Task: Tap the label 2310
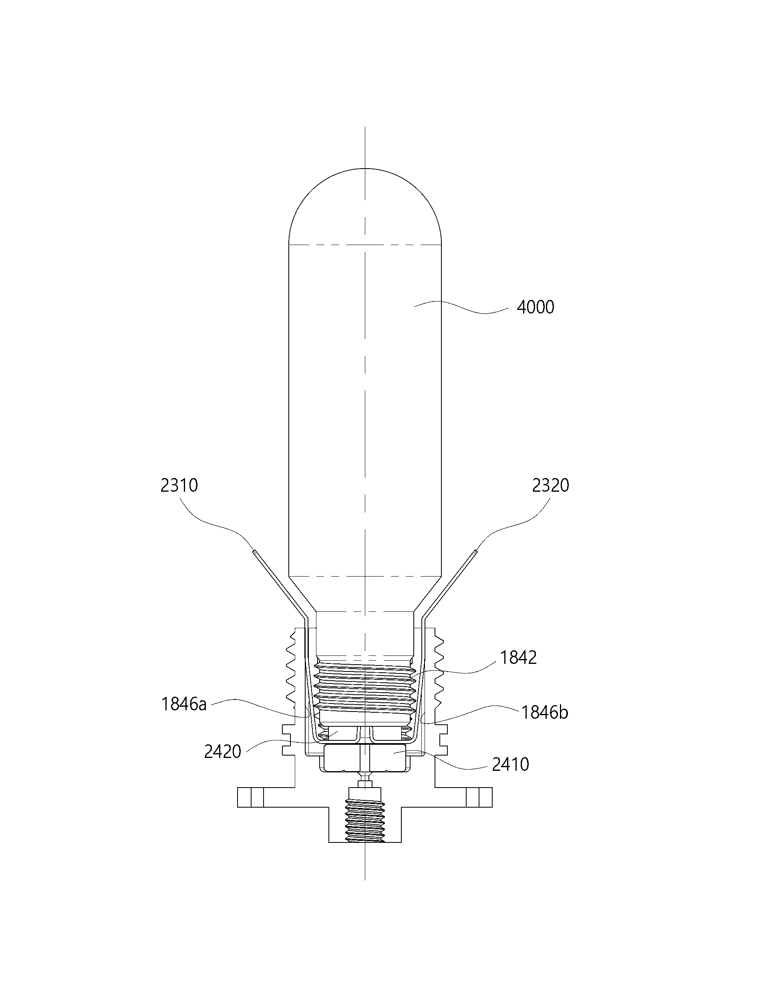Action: (179, 485)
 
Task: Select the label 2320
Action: (551, 485)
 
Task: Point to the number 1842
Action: (519, 658)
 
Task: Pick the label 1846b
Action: (545, 725)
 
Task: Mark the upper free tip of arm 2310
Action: (254, 552)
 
